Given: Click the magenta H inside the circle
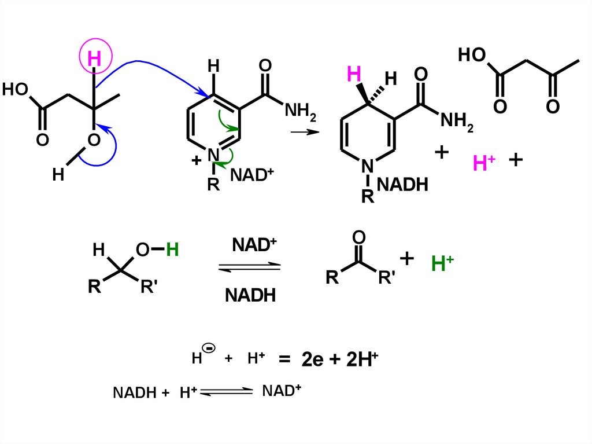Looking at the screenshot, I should [94, 58].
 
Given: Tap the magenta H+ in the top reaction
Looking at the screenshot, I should [483, 163].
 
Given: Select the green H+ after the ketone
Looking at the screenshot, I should [442, 264].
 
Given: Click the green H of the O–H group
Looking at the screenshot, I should [172, 250].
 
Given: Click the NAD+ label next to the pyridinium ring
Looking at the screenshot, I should [251, 174].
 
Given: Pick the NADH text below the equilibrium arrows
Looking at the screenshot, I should [250, 295].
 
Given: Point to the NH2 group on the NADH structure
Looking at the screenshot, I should [457, 121].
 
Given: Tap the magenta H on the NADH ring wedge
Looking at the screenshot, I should [354, 74].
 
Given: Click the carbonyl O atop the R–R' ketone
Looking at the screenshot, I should [358, 237].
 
